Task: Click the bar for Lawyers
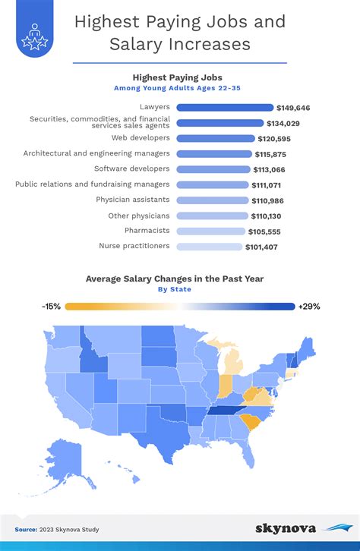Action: (x=224, y=108)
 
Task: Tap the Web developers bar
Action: (x=215, y=139)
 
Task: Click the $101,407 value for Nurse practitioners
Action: (x=261, y=247)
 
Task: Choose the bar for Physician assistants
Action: (x=212, y=200)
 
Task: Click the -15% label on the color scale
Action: (x=52, y=307)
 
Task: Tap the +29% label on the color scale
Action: (x=310, y=307)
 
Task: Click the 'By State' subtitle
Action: (x=175, y=289)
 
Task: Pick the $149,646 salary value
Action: (x=295, y=108)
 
